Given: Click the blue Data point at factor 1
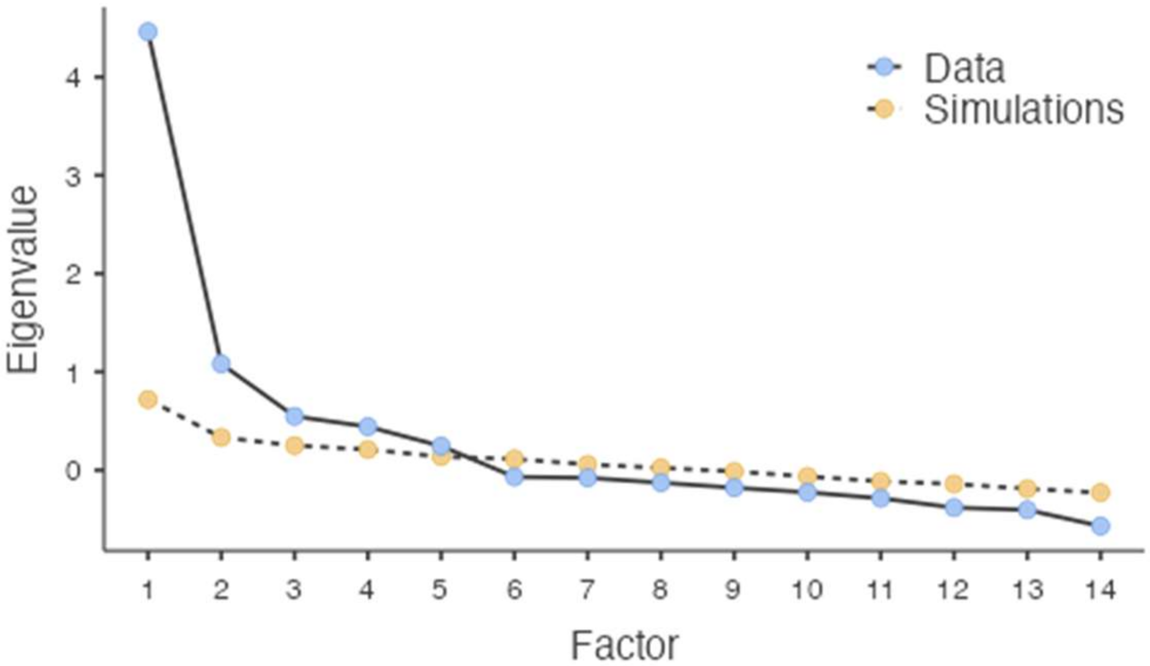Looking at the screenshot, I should pyautogui.click(x=148, y=32).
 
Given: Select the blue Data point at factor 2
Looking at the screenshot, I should pyautogui.click(x=221, y=364).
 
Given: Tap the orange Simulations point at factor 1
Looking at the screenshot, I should pyautogui.click(x=148, y=399).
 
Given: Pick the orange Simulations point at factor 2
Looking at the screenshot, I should pyautogui.click(x=221, y=437).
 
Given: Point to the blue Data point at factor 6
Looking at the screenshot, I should pyautogui.click(x=514, y=477).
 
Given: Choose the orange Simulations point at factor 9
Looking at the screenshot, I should pyautogui.click(x=734, y=470).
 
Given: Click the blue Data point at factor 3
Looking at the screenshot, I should pyautogui.click(x=294, y=416).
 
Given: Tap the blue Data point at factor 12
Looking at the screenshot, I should pyautogui.click(x=954, y=508).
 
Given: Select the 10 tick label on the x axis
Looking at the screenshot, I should pyautogui.click(x=807, y=590).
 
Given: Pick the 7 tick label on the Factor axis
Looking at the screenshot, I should pyautogui.click(x=588, y=590).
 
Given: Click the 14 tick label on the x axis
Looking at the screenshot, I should pyautogui.click(x=1100, y=590).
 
